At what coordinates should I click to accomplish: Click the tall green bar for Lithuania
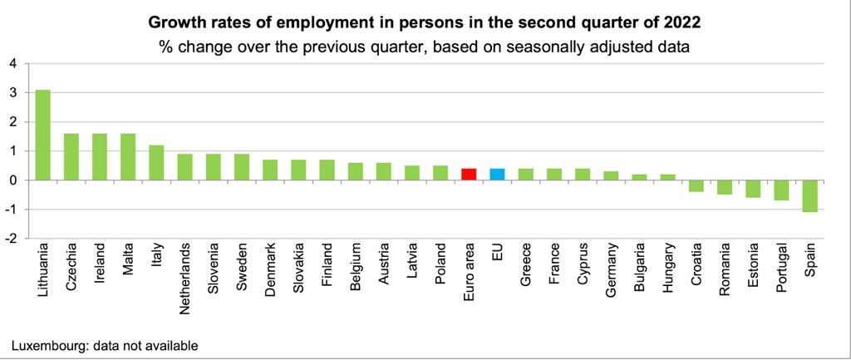[42, 135]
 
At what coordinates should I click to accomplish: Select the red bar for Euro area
[469, 174]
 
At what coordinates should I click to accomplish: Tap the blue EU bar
[497, 174]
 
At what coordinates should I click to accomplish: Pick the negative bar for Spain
[810, 195]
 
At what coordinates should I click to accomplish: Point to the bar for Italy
[156, 162]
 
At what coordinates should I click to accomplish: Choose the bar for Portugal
[782, 190]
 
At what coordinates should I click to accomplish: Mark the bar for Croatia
[696, 185]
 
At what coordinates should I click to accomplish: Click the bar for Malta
[128, 156]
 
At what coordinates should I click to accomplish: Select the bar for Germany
[611, 175]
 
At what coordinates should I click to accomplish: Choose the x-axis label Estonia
[753, 264]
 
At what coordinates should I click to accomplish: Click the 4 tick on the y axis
[12, 63]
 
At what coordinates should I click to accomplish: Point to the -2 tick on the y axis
[10, 239]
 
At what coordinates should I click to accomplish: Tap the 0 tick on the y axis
[12, 180]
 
